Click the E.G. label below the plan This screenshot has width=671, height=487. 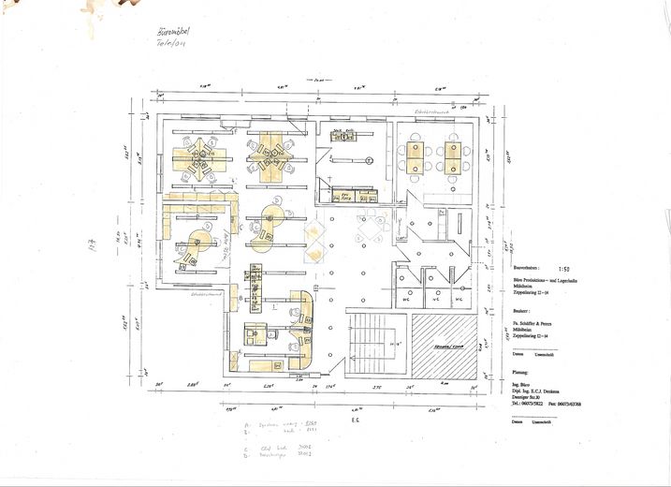point(356,421)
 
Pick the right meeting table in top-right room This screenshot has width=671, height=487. point(453,156)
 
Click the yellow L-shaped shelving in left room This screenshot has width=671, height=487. point(197,201)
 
